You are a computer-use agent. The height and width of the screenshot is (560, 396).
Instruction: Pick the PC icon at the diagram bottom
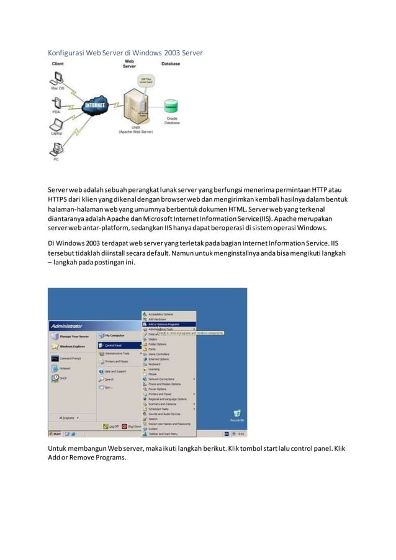point(56,149)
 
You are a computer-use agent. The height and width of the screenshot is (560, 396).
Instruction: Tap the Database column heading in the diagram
point(171,64)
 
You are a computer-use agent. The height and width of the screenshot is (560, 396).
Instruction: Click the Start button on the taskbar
point(56,433)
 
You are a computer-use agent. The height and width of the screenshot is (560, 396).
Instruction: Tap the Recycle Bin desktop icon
point(236,414)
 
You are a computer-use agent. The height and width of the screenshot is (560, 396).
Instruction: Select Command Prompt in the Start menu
point(68,358)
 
